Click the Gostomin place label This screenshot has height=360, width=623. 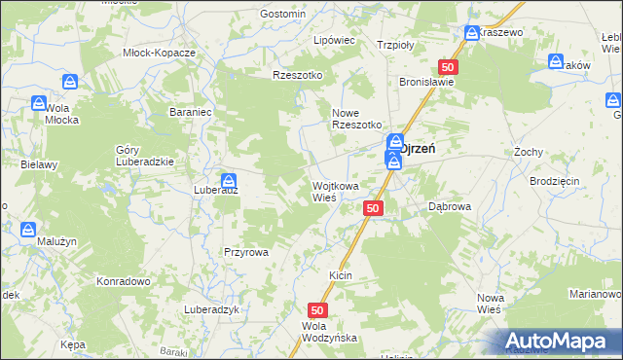click(x=283, y=14)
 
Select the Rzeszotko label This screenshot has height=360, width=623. click(x=297, y=74)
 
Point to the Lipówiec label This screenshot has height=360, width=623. click(x=333, y=41)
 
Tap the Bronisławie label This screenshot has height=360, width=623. click(x=427, y=83)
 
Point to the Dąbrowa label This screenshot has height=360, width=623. click(x=450, y=206)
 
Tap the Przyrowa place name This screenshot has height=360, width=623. click(x=245, y=251)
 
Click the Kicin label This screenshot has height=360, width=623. click(x=340, y=276)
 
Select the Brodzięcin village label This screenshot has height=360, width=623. click(x=555, y=182)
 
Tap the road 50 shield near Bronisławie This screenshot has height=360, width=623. click(x=447, y=67)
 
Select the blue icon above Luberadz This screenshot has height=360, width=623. click(x=228, y=180)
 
